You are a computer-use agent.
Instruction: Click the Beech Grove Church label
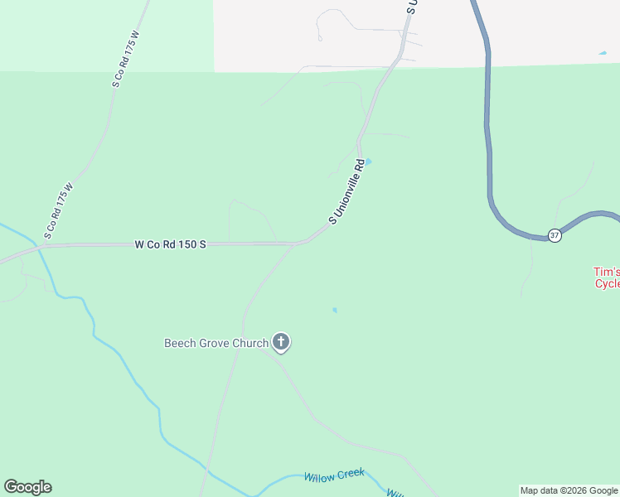(216, 343)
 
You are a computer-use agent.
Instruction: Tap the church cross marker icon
(281, 340)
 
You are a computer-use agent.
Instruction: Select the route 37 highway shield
(555, 236)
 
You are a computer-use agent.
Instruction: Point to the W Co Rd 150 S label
(169, 245)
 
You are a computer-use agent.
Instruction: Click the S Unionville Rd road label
(347, 192)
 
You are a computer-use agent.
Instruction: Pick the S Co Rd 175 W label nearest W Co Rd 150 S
(58, 211)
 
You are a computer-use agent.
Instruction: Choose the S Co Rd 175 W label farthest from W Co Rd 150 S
(125, 60)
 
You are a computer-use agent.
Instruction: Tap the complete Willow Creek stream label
(334, 475)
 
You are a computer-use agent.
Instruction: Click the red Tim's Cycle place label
(607, 277)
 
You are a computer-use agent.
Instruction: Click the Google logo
(27, 487)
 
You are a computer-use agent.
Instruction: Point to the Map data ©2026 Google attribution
(569, 490)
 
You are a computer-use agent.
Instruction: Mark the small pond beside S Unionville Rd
(368, 162)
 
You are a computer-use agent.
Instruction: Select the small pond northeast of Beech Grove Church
(335, 311)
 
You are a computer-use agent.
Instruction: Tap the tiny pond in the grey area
(602, 54)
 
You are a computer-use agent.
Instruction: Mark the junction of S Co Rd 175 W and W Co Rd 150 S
(40, 246)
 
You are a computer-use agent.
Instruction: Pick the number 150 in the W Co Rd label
(184, 245)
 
